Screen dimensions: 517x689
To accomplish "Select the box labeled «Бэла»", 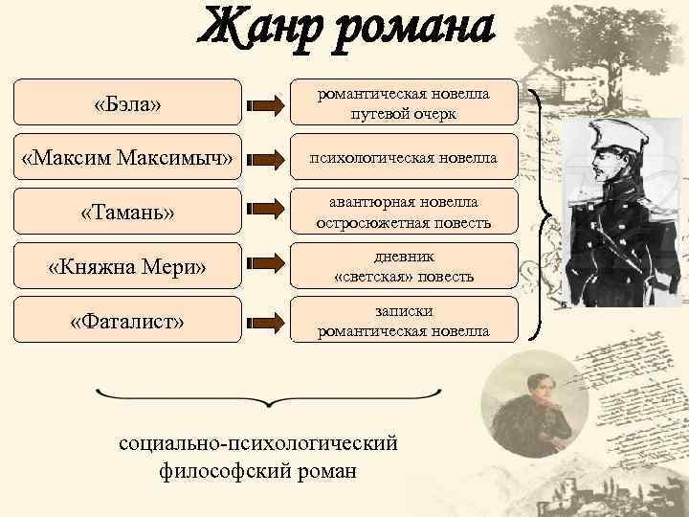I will [127, 102].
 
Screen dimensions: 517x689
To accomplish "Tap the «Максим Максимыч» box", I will [127, 157].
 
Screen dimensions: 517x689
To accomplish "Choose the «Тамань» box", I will [127, 212].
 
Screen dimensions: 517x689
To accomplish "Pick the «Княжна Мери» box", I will [127, 266].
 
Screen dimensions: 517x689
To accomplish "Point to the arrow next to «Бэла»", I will [265, 102].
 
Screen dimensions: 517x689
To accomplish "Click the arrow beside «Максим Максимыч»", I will [265, 157].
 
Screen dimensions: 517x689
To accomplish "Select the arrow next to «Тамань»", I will [265, 212].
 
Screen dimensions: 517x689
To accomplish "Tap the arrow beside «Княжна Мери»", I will [265, 266].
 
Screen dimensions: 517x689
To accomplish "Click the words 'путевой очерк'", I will [403, 113].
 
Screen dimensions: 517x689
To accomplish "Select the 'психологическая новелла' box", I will [403, 157].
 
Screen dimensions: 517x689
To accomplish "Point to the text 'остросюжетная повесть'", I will [403, 222].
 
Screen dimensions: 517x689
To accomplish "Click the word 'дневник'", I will [403, 257].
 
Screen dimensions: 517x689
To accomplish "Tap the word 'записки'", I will [403, 311].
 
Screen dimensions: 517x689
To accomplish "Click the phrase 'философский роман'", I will [257, 471].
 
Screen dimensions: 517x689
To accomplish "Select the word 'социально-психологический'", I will [257, 445].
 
